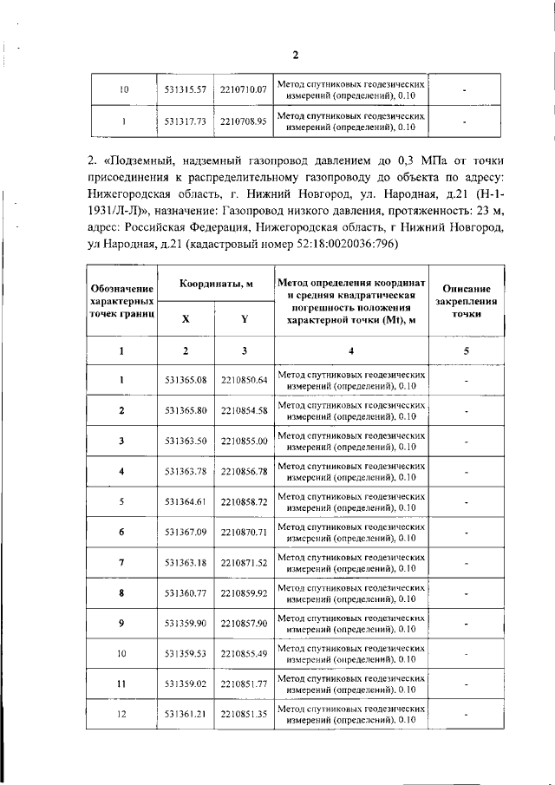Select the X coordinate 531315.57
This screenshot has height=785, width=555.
click(185, 89)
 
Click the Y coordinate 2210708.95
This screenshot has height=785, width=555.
click(243, 122)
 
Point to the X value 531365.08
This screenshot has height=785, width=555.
click(185, 380)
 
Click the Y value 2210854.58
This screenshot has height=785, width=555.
click(243, 410)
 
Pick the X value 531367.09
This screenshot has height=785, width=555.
click(185, 532)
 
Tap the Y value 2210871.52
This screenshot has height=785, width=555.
click(243, 563)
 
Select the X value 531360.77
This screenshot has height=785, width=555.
click(185, 593)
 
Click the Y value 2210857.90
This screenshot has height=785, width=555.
click(243, 624)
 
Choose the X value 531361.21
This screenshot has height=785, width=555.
click(185, 715)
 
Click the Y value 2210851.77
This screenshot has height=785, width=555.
click(243, 684)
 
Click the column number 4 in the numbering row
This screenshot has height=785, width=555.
click(351, 350)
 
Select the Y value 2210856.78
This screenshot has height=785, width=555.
click(243, 471)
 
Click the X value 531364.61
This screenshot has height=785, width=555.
click(185, 501)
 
